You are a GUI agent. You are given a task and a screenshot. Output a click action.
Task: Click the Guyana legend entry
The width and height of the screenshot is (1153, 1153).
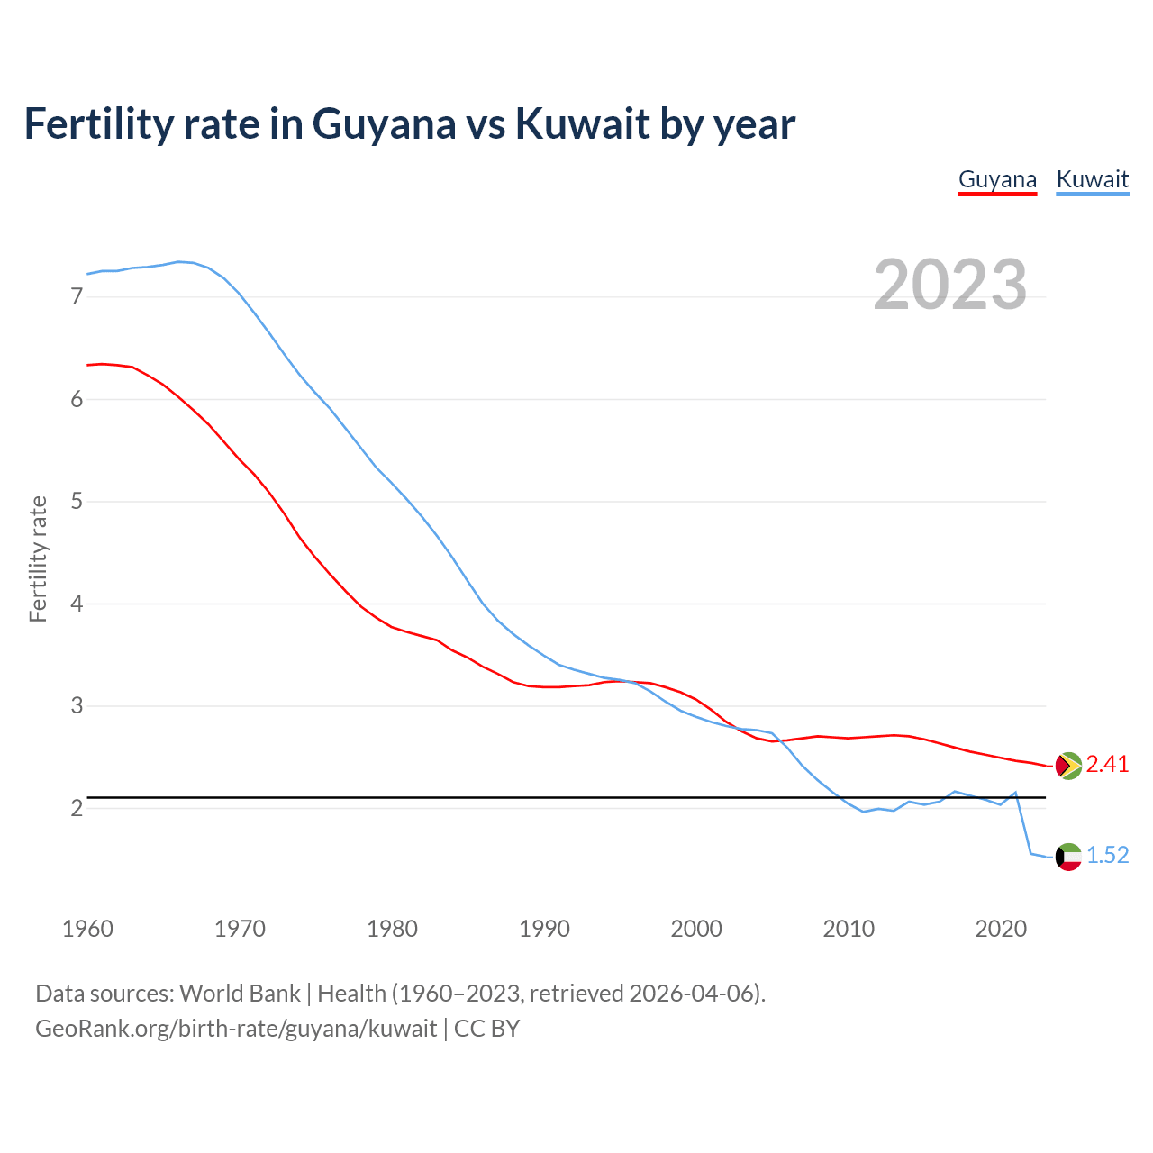click(997, 179)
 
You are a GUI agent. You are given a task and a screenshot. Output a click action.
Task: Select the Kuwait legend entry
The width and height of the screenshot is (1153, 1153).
click(1092, 179)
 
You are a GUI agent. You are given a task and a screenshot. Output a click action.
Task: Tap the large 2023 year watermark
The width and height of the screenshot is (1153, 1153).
click(950, 285)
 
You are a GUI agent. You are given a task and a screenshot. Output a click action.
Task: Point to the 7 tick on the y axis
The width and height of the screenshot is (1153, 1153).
click(77, 296)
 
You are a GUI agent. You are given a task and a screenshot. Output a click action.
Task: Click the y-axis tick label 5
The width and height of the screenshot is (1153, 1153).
click(77, 501)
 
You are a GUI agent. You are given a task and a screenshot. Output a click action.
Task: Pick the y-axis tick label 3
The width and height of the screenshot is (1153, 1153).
click(77, 705)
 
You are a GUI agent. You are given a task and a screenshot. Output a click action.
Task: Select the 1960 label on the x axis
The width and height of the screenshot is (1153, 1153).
click(87, 929)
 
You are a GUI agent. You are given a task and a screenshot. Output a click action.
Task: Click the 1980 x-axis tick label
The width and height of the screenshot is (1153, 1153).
click(392, 929)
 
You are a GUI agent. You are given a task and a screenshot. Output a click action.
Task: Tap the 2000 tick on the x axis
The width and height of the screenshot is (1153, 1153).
click(696, 929)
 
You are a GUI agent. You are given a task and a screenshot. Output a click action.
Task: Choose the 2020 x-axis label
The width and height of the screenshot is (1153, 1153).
click(1001, 929)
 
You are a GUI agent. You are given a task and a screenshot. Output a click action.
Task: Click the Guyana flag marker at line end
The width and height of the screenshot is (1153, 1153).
click(1068, 766)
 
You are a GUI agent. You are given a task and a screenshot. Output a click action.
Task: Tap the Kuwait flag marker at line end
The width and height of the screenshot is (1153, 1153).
click(1068, 857)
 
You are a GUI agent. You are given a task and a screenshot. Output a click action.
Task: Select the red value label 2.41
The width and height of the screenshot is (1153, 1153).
click(1107, 765)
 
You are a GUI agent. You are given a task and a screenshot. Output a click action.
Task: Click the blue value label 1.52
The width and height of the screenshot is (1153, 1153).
click(1107, 856)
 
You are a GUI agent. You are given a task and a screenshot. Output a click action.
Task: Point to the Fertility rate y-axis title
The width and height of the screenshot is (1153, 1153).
click(38, 558)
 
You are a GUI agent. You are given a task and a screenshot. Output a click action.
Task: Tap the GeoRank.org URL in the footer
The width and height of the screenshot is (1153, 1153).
click(236, 1029)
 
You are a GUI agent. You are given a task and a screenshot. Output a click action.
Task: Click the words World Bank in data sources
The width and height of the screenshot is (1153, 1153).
click(240, 994)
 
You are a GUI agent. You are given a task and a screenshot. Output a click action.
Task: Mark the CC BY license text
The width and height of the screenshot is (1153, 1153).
click(486, 1029)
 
